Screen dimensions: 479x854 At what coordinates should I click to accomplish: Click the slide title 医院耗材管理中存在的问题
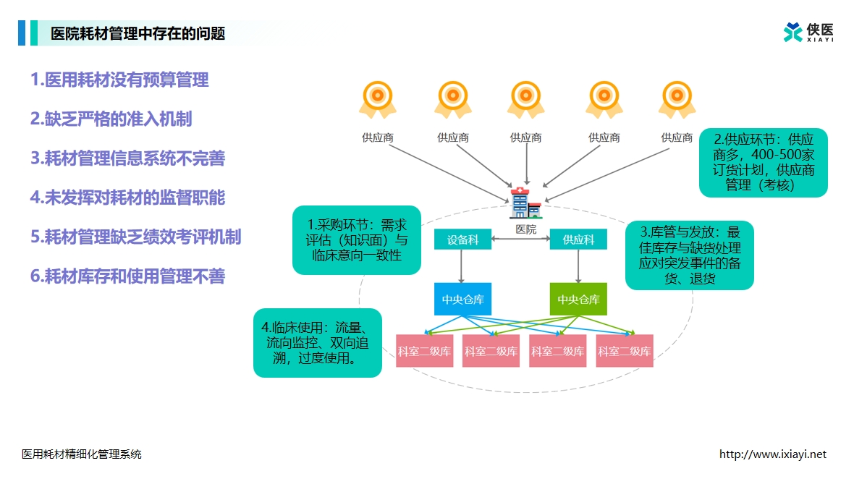pos(138,33)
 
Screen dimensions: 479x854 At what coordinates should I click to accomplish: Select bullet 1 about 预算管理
pos(119,80)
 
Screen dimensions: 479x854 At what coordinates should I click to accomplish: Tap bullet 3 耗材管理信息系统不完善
pos(127,158)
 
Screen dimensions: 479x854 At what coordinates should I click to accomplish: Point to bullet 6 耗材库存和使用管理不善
pos(127,276)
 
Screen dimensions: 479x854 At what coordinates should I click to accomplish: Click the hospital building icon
pos(525,203)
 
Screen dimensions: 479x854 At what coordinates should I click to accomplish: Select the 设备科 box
pos(462,239)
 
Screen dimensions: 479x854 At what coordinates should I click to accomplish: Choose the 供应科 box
pos(578,239)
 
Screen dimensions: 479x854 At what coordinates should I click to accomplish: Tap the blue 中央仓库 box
pos(462,299)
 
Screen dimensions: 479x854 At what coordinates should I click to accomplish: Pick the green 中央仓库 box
pos(578,299)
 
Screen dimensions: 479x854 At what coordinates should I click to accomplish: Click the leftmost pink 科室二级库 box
pos(425,351)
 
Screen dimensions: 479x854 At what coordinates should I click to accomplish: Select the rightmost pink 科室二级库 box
pos(624,351)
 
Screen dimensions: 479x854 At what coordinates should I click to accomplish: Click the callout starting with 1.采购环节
pos(357,241)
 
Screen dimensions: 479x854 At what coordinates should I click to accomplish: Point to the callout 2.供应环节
pos(763,163)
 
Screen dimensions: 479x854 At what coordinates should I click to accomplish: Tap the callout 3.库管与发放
pos(689,255)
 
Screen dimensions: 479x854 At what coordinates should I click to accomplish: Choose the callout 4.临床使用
pos(317,343)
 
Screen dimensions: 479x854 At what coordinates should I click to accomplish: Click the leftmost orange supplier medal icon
pos(377,98)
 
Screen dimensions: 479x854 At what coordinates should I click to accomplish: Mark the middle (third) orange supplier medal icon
pos(525,98)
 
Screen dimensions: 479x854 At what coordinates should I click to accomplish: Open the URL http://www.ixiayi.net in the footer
pos(772,454)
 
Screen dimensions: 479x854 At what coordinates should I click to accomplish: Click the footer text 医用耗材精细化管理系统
pos(82,454)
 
